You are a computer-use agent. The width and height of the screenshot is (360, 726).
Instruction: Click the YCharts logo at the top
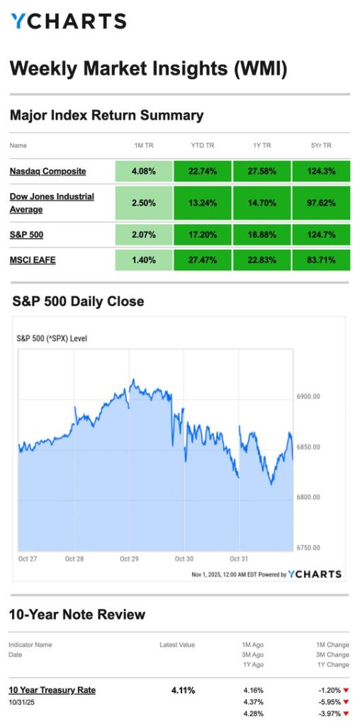[68, 21]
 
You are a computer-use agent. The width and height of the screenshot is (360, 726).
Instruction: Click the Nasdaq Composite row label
[47, 171]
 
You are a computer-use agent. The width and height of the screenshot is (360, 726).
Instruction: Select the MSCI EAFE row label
[33, 259]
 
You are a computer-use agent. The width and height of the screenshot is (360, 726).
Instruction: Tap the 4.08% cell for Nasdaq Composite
[144, 171]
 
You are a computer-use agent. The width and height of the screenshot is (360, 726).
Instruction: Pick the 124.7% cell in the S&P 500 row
[320, 233]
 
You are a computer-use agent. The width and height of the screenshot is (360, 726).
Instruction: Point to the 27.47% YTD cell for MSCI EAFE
[203, 259]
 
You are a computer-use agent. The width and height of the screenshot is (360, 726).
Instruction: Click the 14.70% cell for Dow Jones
[261, 202]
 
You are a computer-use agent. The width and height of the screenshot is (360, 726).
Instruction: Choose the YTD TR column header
[203, 145]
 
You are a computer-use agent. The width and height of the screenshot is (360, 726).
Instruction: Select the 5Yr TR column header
[320, 145]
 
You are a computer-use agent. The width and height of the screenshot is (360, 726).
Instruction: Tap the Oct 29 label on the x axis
[129, 559]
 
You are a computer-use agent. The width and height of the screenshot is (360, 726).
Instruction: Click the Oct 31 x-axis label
[239, 559]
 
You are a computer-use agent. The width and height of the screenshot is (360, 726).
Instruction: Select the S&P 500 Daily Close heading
[78, 301]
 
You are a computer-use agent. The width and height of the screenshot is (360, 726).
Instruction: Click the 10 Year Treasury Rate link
[52, 690]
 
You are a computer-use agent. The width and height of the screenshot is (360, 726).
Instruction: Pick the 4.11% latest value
[183, 690]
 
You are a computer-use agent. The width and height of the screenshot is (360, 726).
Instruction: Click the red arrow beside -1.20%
[346, 690]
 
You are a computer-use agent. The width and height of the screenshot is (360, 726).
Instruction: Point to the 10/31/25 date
[21, 702]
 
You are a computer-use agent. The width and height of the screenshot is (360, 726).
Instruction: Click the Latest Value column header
[177, 644]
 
